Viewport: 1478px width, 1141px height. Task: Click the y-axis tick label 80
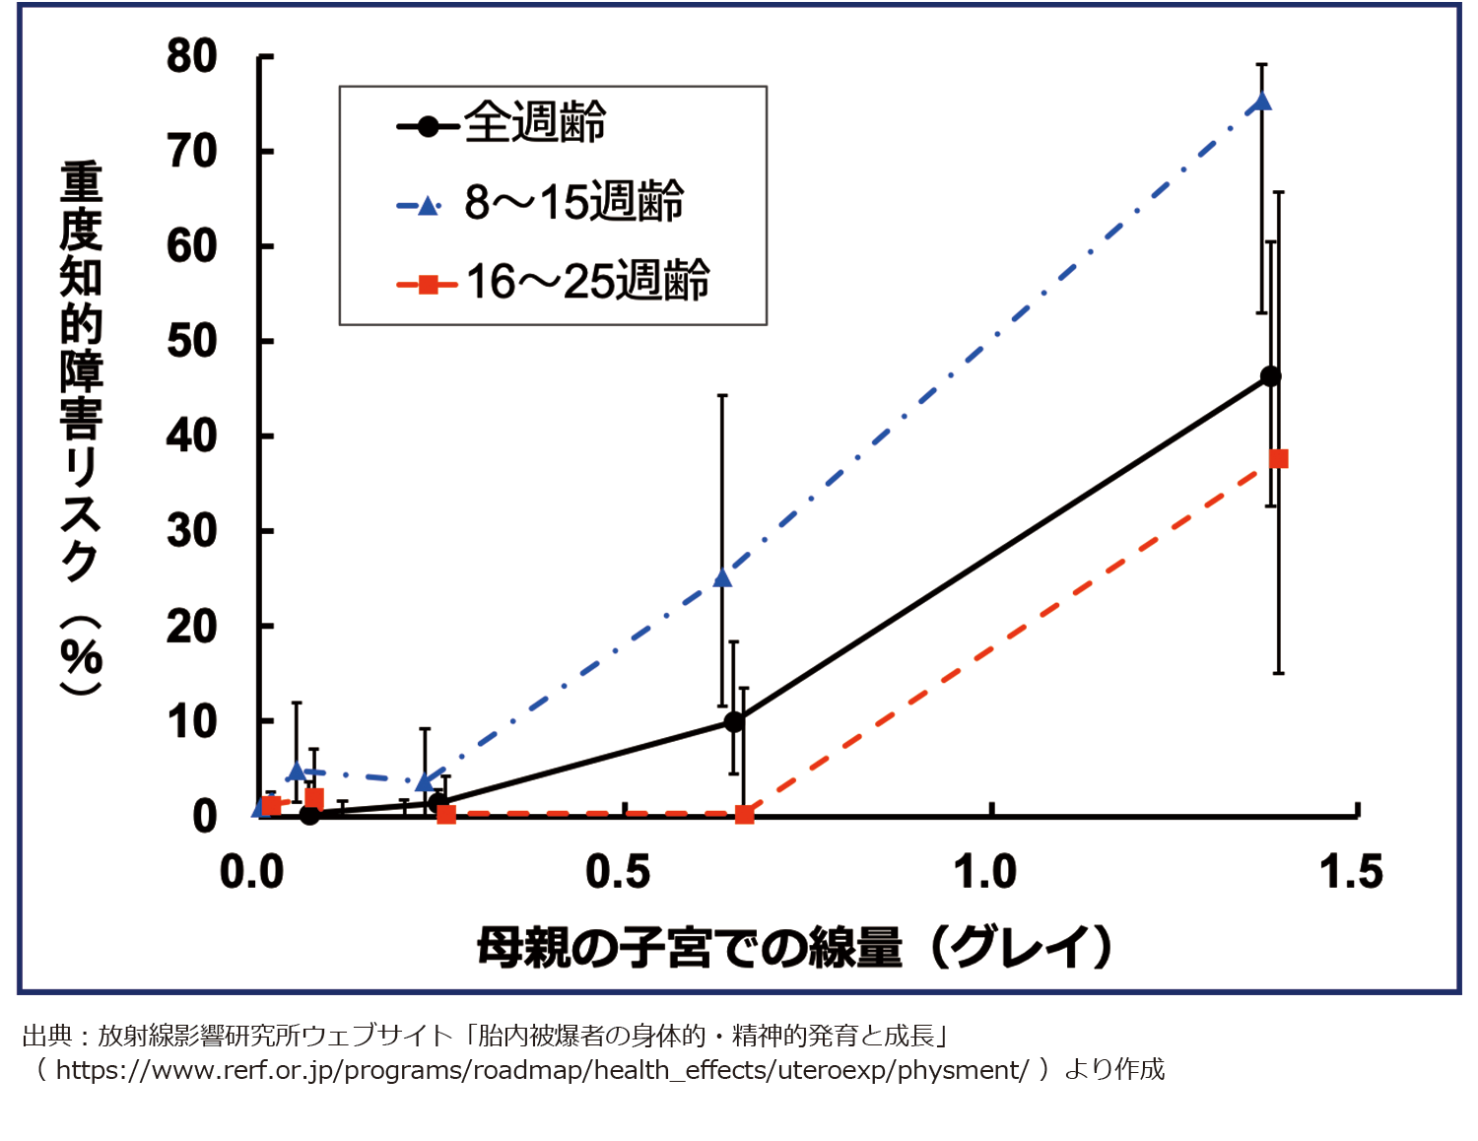pos(191,57)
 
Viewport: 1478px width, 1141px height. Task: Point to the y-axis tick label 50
pos(191,342)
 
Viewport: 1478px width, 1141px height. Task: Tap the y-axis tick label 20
pos(191,627)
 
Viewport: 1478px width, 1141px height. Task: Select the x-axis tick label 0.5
pos(617,872)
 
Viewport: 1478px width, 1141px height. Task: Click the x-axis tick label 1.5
pos(1350,872)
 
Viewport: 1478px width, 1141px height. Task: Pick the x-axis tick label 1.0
pos(984,872)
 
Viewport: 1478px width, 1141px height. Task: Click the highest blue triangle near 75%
pos(1261,101)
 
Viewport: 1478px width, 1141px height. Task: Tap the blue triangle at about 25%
pos(722,577)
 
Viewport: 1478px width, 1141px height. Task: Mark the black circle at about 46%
pos(1270,376)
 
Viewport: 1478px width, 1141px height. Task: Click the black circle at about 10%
pos(733,722)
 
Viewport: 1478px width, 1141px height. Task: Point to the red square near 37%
pos(1278,459)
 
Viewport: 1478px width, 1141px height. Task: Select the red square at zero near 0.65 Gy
pos(745,815)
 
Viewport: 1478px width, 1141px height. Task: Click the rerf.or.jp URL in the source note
pos(542,1070)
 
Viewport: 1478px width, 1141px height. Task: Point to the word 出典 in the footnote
pos(47,1036)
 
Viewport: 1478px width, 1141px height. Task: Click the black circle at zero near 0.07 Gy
pos(309,815)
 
